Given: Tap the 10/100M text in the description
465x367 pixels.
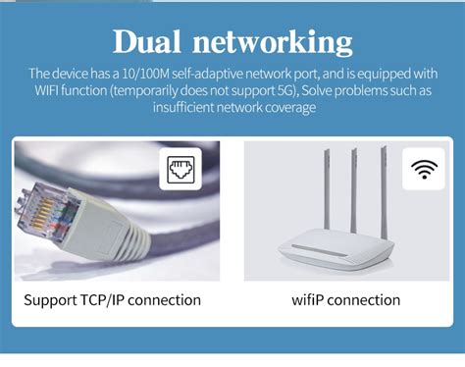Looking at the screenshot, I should [140, 74].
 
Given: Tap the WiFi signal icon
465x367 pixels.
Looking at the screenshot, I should [424, 169].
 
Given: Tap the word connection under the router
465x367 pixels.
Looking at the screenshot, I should [363, 300].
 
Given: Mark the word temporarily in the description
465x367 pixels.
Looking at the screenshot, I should [146, 91].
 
